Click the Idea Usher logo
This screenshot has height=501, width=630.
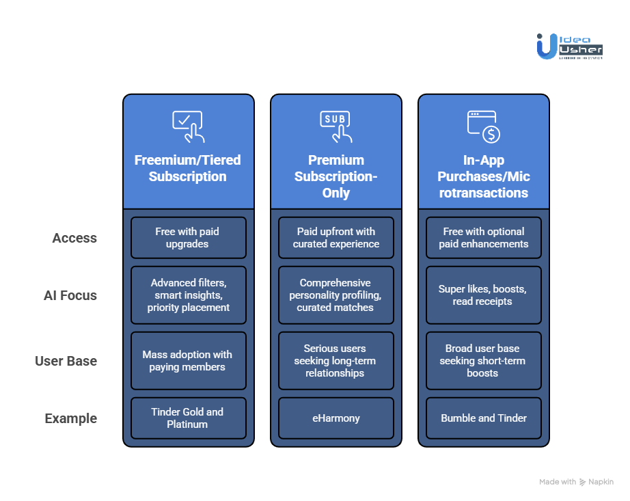[x=569, y=46]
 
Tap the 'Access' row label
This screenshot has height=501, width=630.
[x=74, y=238]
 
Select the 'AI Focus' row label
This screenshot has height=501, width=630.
[x=70, y=295]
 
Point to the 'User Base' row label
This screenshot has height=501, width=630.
[x=66, y=361]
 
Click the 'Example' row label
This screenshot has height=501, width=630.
[x=71, y=418]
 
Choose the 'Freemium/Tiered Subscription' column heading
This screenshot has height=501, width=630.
[x=188, y=168]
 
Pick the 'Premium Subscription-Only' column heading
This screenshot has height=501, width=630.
[x=335, y=176]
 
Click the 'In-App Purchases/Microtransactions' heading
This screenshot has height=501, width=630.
[x=484, y=176]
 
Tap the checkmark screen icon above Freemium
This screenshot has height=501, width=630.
[x=188, y=126]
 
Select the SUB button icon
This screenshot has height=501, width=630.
[x=335, y=126]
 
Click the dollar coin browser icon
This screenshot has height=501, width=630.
[x=484, y=126]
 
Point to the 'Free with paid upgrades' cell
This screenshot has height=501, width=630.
[x=188, y=238]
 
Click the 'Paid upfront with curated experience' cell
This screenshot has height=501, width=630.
[x=335, y=238]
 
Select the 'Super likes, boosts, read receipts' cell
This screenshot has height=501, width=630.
[x=484, y=295]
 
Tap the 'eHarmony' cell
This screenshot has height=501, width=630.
[x=335, y=418]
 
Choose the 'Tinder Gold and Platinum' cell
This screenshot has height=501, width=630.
[x=188, y=418]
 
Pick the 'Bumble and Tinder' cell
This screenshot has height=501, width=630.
[x=484, y=418]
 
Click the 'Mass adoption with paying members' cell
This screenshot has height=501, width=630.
[x=188, y=361]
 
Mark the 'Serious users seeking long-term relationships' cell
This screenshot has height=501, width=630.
[x=335, y=361]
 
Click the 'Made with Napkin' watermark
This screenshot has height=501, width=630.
[x=576, y=482]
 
